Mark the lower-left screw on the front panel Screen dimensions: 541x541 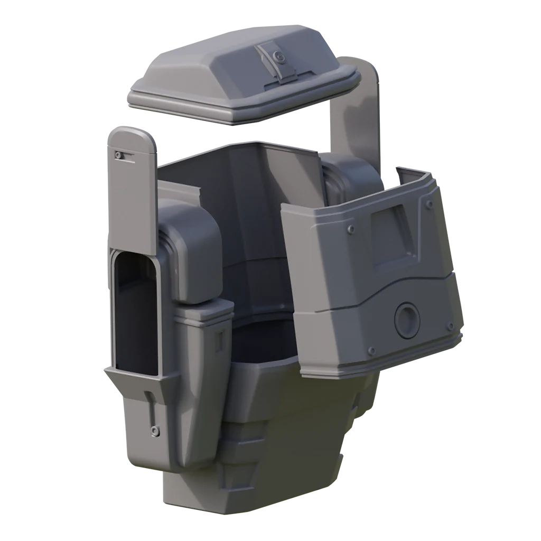click(x=371, y=350)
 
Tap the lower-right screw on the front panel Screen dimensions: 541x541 click(x=450, y=325)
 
